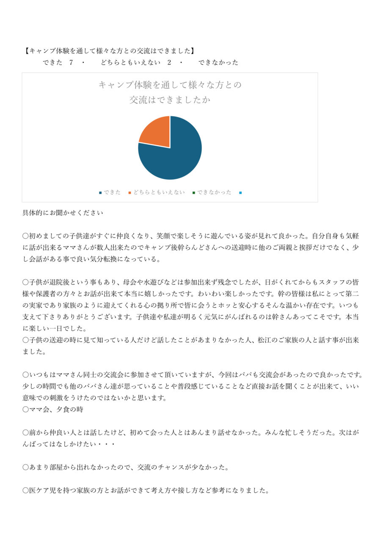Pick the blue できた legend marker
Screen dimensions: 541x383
[x=100, y=193]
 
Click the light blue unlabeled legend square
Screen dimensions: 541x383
[x=240, y=193]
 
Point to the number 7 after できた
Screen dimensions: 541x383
[x=71, y=63]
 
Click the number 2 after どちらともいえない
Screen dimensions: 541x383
[x=169, y=63]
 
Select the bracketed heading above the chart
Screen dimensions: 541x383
[x=109, y=51]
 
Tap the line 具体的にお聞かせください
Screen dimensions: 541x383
[x=63, y=213]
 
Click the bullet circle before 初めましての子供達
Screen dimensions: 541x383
[x=25, y=236]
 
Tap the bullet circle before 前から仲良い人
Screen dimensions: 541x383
[x=25, y=433]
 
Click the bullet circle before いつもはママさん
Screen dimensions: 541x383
[x=25, y=375]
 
